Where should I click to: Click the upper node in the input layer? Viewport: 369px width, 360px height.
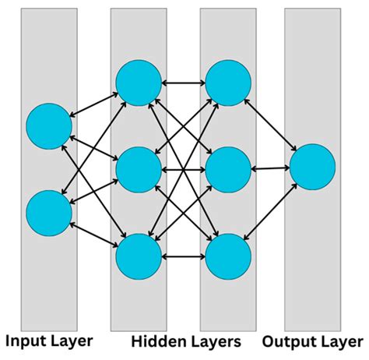point(49,125)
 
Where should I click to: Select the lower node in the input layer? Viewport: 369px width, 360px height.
point(49,213)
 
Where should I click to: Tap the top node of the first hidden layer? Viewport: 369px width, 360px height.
point(139,80)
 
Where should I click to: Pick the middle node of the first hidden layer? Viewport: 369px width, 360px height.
point(139,168)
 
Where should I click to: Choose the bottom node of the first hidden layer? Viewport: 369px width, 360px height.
point(139,255)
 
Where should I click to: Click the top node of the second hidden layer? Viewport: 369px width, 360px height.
point(228,80)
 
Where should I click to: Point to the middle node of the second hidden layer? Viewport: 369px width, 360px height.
point(228,168)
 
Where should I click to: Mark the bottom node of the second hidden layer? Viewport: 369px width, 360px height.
point(228,255)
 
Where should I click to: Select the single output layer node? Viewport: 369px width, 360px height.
point(312,168)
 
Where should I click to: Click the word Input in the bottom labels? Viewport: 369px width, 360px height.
point(29,341)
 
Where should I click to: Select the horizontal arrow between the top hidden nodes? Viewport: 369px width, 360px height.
point(183,80)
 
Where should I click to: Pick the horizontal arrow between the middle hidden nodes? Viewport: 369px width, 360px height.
point(183,168)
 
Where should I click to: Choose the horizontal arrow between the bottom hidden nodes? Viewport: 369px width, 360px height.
point(183,255)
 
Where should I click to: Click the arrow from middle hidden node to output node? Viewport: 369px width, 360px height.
point(270,168)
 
